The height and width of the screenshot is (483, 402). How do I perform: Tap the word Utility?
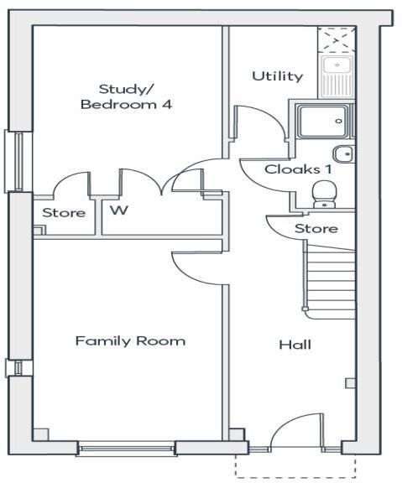tap(277, 76)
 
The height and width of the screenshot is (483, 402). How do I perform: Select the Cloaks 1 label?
tap(292, 169)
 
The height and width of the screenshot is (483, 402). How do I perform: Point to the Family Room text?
tap(130, 340)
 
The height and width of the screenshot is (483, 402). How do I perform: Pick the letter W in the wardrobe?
tap(119, 210)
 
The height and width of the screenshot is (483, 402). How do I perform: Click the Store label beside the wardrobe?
tap(64, 213)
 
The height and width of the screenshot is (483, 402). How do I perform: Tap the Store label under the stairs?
tap(316, 228)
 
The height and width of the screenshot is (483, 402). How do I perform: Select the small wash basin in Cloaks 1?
tap(342, 154)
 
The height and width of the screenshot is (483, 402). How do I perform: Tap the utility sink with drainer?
tap(337, 73)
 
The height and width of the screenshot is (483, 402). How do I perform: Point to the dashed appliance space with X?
tap(336, 39)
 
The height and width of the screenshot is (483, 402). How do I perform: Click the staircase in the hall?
tap(330, 281)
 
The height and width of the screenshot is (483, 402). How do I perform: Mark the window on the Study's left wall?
tap(15, 161)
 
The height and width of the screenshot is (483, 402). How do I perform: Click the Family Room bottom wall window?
tap(127, 449)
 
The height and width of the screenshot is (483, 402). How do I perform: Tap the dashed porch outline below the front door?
tap(294, 466)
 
